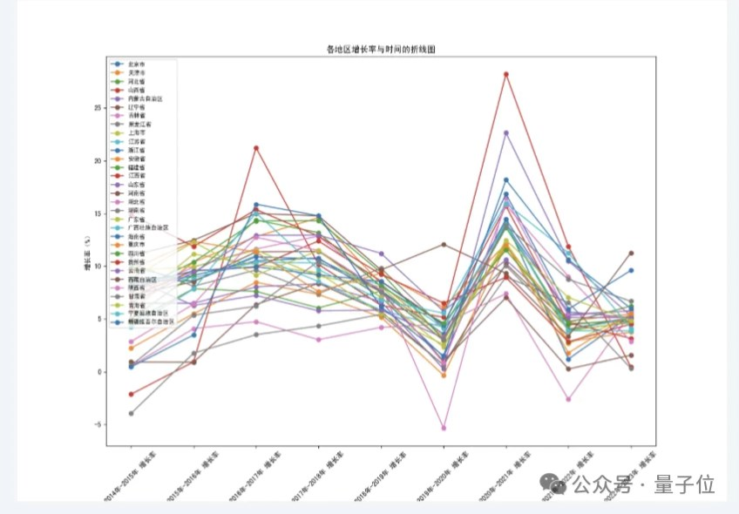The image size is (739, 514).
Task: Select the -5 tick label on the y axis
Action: [99, 425]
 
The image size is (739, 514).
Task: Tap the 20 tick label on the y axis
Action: [99, 161]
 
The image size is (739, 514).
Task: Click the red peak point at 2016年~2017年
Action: [256, 148]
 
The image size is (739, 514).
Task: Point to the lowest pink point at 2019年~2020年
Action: [444, 429]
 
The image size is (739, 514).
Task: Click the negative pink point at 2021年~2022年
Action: [568, 399]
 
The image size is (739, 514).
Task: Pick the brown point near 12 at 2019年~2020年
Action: [444, 244]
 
